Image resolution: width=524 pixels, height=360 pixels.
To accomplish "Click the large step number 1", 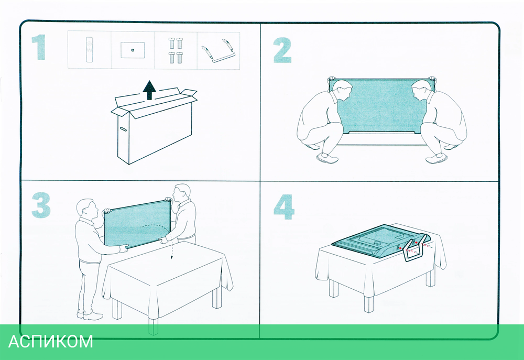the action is (x=39, y=48).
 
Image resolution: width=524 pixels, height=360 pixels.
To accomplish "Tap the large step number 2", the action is (x=282, y=50).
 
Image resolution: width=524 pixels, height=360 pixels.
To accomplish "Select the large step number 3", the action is (x=41, y=205).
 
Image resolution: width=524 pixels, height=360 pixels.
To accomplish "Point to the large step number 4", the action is (x=283, y=207).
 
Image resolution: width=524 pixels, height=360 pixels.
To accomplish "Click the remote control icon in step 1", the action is (x=89, y=50).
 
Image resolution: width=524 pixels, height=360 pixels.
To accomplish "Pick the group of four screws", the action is (x=176, y=50).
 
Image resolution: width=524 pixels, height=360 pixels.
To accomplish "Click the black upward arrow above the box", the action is (x=149, y=90).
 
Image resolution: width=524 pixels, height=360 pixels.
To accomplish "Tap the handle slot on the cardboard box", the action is (x=123, y=129).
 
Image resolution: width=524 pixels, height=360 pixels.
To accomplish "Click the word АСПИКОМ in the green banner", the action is (x=50, y=342).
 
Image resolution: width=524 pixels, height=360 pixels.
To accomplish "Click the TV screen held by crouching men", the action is (x=381, y=106).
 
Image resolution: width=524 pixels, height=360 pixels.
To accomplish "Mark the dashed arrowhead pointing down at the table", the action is (x=172, y=257).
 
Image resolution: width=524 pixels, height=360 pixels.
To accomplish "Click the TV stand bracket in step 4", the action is (x=417, y=248).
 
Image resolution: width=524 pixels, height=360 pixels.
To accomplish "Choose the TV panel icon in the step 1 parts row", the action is (x=133, y=50).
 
